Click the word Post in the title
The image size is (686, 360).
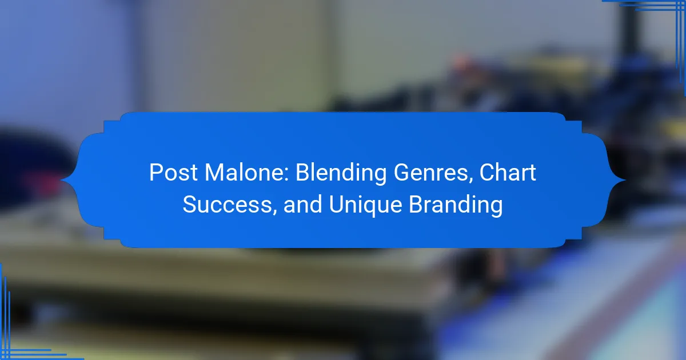point(173,173)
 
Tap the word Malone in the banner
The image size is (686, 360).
point(245,173)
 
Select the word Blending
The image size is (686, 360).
point(341,173)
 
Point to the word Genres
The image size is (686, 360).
point(430,173)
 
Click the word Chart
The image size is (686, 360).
point(508,173)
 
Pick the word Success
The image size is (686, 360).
point(227,205)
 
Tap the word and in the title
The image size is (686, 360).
point(302,205)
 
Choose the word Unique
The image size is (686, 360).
point(365,206)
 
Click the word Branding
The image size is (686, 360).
point(456,206)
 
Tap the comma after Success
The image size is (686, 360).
point(274,212)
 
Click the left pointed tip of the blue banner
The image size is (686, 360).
point(61,181)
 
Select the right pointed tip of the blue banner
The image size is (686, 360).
point(625,181)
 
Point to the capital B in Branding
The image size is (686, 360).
point(416,205)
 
